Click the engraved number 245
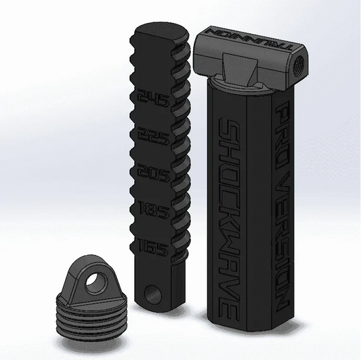click(153, 103)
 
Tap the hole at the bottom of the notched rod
click(161, 296)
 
